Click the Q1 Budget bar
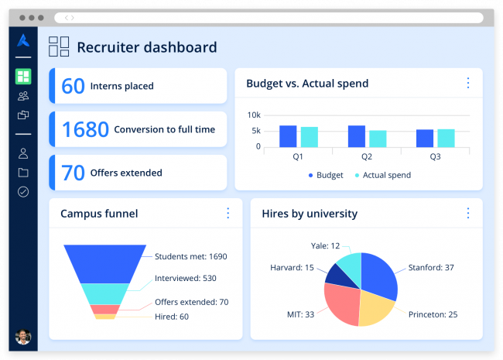click(x=288, y=136)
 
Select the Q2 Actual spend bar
click(x=378, y=139)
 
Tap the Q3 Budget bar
click(x=425, y=138)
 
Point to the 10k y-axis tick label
click(x=254, y=115)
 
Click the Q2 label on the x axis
click(x=367, y=156)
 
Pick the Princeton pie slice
click(x=377, y=308)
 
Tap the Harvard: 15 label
click(x=293, y=267)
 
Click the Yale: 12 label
click(x=325, y=245)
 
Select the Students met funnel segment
click(x=104, y=262)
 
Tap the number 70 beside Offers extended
click(x=73, y=173)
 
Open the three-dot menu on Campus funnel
click(x=228, y=213)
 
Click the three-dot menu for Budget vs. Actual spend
click(x=467, y=83)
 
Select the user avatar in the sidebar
click(x=23, y=337)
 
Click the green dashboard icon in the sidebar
click(x=23, y=76)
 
